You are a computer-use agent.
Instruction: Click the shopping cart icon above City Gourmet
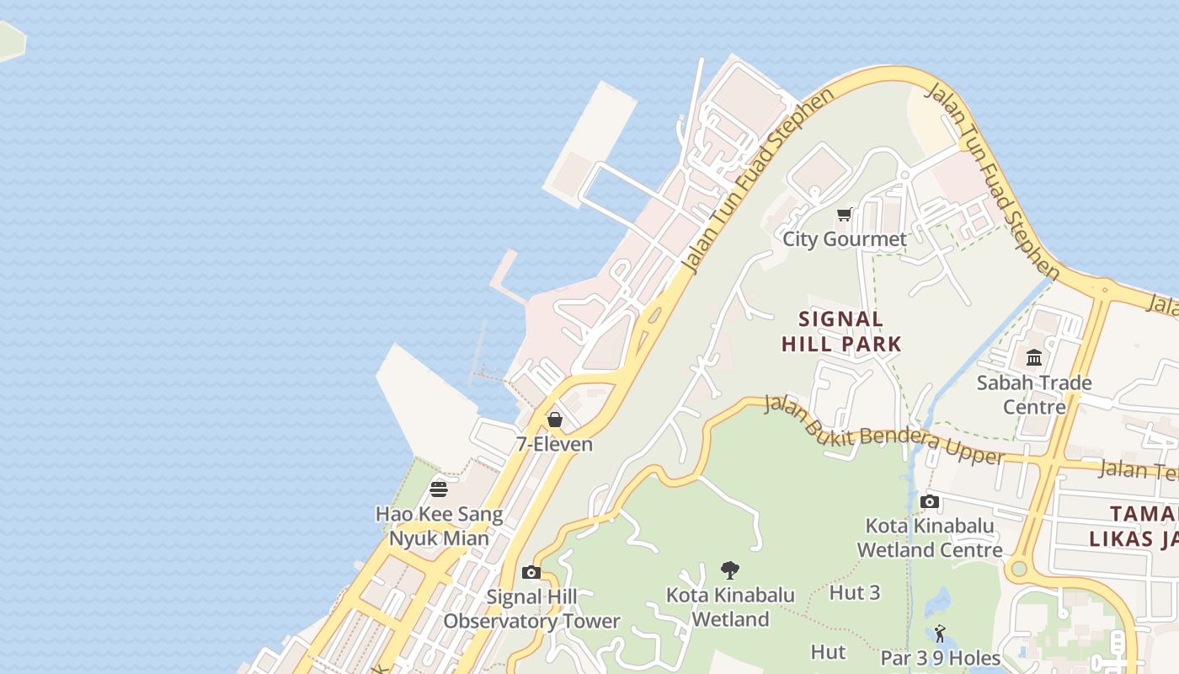click(x=845, y=215)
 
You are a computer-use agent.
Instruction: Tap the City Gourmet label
click(x=845, y=239)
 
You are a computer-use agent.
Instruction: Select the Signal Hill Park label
click(x=841, y=331)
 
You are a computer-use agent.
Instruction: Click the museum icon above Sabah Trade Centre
click(x=1034, y=358)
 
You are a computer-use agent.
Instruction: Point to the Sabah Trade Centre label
click(x=1034, y=394)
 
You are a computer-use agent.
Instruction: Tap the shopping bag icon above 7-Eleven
click(x=555, y=420)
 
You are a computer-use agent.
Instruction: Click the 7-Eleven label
click(x=555, y=444)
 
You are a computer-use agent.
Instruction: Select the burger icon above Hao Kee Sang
click(x=438, y=489)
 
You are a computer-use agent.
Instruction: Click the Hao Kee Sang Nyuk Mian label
click(x=439, y=526)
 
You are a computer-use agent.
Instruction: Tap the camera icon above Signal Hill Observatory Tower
click(x=531, y=573)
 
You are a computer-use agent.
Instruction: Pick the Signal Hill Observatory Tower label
click(x=531, y=609)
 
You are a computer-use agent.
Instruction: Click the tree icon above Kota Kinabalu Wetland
click(x=730, y=570)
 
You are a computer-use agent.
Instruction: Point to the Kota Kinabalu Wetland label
click(x=730, y=607)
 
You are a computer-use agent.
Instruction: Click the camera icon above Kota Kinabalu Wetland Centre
click(x=930, y=502)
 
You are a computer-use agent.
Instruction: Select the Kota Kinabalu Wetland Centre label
click(x=930, y=538)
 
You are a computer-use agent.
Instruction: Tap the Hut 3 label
click(x=855, y=592)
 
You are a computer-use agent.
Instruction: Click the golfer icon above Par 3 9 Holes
click(x=940, y=634)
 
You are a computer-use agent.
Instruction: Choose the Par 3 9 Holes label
click(x=940, y=657)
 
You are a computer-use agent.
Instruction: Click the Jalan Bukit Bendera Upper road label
click(x=884, y=430)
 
